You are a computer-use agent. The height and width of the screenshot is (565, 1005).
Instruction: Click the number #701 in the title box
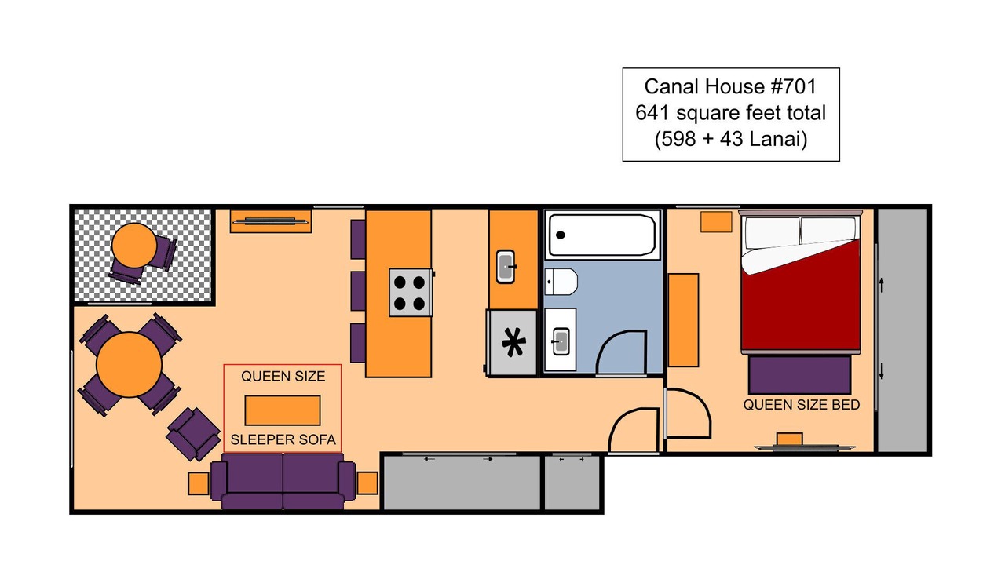[793, 86]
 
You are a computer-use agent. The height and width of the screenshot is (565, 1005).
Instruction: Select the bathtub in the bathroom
[602, 235]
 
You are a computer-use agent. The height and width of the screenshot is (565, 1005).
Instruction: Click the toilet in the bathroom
[561, 282]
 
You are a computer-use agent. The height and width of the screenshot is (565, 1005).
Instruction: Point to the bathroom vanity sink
[561, 341]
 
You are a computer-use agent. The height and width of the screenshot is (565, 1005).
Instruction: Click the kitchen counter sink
[506, 266]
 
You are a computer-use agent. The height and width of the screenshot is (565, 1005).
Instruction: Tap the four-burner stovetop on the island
[410, 293]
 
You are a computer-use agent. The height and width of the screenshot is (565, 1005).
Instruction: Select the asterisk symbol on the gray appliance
[513, 342]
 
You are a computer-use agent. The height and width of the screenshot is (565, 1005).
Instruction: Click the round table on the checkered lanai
[133, 246]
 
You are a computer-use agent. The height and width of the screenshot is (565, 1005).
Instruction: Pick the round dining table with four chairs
[130, 365]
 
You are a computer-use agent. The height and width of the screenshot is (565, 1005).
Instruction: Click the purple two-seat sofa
[283, 481]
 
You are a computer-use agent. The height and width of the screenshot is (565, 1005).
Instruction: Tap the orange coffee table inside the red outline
[283, 410]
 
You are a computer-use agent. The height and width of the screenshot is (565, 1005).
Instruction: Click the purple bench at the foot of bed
[799, 375]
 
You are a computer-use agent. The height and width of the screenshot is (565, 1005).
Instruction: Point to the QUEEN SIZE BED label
[802, 405]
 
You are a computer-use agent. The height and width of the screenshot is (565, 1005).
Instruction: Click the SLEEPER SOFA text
[283, 440]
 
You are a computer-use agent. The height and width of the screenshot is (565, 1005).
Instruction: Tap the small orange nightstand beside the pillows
[716, 222]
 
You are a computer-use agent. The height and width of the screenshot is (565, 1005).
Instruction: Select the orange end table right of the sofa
[367, 483]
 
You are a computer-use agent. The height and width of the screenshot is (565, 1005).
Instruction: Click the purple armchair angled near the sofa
[193, 434]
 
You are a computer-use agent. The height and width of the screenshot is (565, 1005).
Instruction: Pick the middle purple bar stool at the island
[358, 290]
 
